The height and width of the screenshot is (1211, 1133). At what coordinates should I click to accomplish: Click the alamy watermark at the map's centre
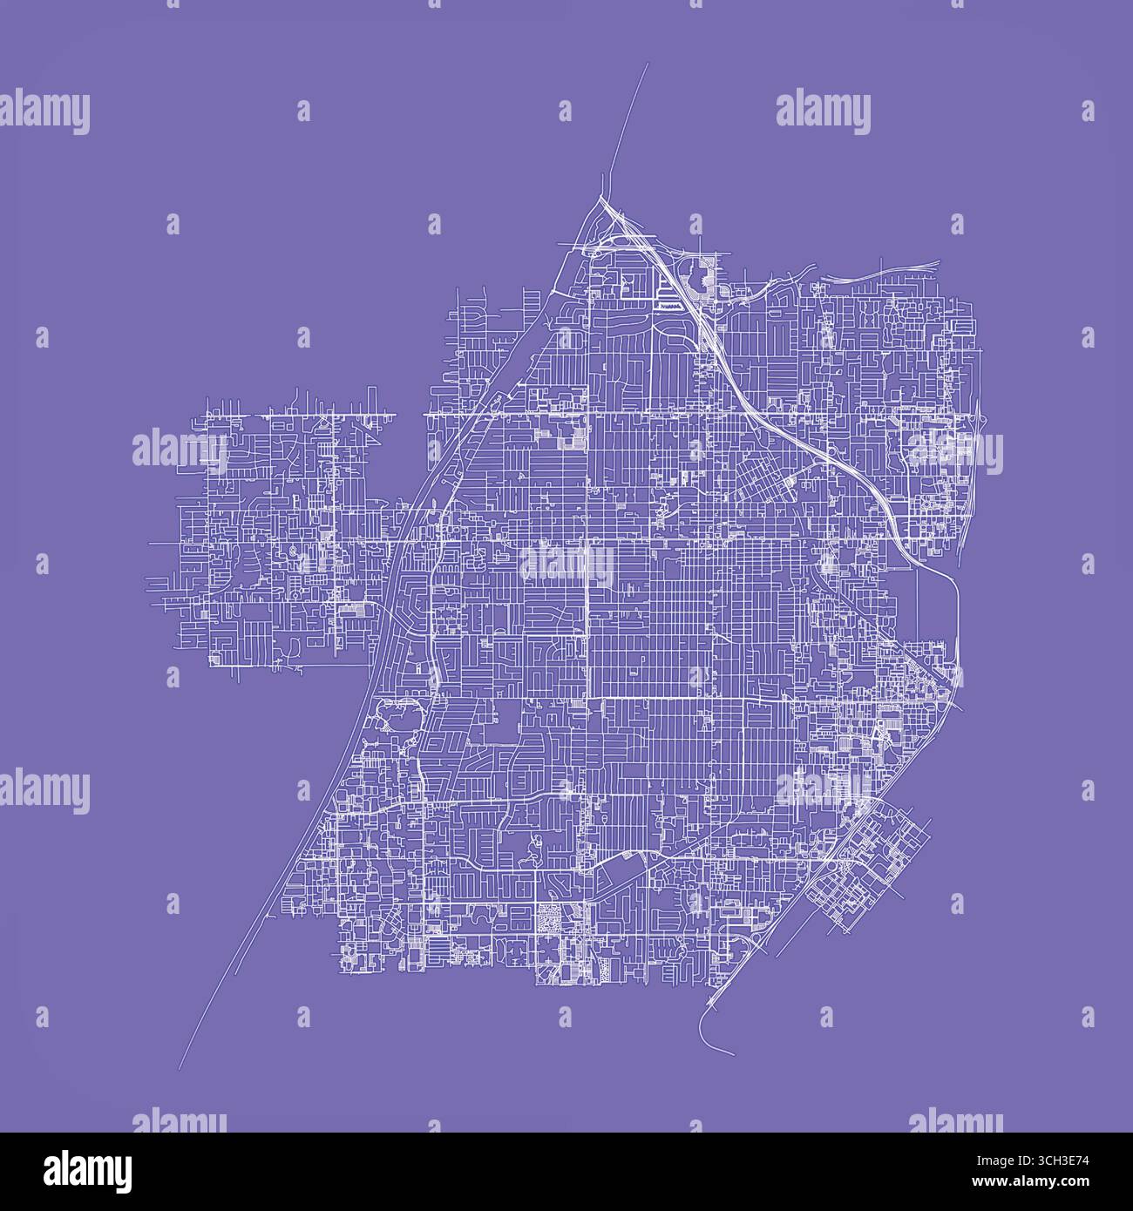566,564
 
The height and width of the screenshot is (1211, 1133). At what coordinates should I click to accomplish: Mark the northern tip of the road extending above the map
648,64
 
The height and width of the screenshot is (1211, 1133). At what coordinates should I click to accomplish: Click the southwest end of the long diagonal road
179,1068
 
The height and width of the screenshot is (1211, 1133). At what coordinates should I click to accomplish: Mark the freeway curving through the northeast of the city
784,418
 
